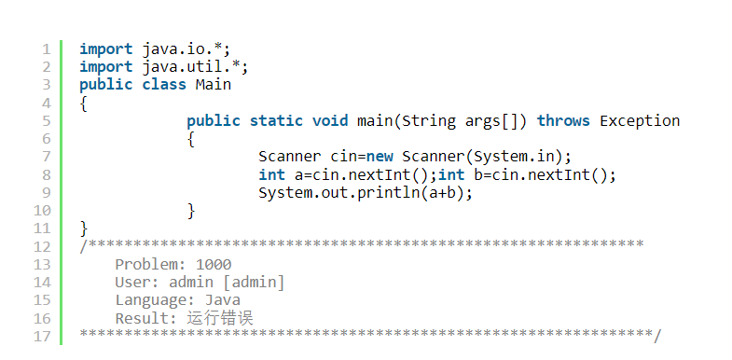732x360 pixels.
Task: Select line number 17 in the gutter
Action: (x=41, y=336)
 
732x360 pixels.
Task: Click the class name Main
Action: (x=213, y=85)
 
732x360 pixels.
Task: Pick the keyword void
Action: (x=331, y=121)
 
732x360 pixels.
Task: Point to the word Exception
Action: (x=640, y=121)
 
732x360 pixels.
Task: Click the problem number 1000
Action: (x=214, y=265)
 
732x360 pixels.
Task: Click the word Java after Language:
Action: (x=222, y=300)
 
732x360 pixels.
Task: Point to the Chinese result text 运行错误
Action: (x=220, y=319)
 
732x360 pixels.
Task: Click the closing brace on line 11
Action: (x=84, y=228)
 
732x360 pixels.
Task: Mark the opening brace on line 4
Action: (x=84, y=104)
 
